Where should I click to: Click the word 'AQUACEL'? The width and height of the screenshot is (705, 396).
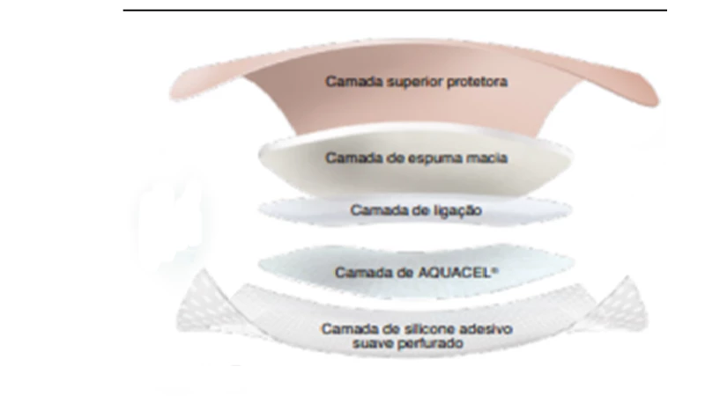(453, 273)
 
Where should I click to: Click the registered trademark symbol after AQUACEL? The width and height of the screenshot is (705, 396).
(495, 270)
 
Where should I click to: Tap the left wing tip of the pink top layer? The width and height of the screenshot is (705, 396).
(172, 94)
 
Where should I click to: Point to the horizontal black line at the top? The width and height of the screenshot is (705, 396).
(395, 10)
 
